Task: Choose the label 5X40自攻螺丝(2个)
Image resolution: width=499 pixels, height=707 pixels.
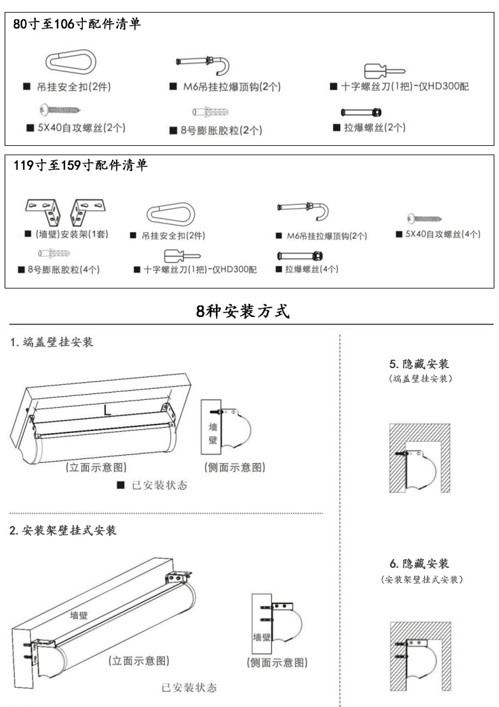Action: pyautogui.click(x=80, y=127)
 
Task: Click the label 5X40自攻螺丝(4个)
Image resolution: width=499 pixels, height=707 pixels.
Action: pyautogui.click(x=442, y=234)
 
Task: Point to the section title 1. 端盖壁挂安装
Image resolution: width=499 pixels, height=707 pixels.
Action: pyautogui.click(x=52, y=342)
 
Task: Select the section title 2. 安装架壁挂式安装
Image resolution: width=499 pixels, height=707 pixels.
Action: pyautogui.click(x=63, y=531)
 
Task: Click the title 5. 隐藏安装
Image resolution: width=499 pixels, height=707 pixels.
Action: pyautogui.click(x=419, y=364)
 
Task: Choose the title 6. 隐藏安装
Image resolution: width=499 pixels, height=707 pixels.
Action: pyautogui.click(x=419, y=564)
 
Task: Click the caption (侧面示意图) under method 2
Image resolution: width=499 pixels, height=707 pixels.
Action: pyautogui.click(x=277, y=662)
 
